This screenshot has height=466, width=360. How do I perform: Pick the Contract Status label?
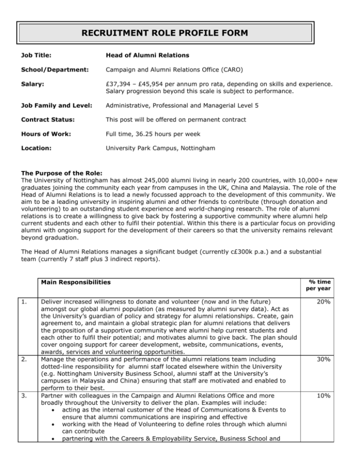coord(39,134)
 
